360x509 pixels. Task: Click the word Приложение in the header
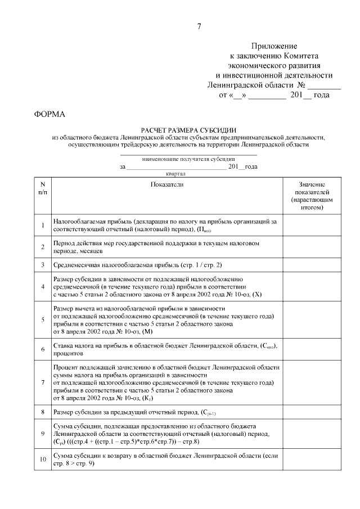[x=274, y=46]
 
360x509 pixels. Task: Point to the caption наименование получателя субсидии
[x=189, y=159]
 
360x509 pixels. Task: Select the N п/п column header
[x=42, y=188]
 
